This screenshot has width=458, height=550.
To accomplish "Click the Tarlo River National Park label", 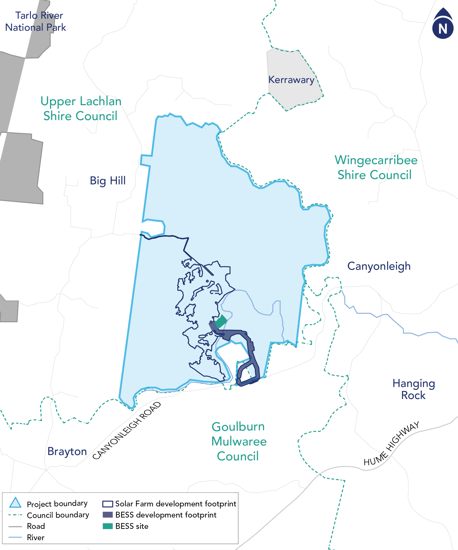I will (x=35, y=22).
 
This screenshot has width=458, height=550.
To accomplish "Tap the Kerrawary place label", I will (x=291, y=80).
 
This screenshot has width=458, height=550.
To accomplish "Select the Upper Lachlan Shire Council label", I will (x=81, y=109).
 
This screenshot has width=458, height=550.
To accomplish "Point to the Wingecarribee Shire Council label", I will (x=376, y=167).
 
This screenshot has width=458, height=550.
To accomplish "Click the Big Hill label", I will (x=108, y=180).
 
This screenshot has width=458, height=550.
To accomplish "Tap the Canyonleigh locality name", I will (x=379, y=266).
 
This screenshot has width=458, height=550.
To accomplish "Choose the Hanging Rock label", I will (x=414, y=389).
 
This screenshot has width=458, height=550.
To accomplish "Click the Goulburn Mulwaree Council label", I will (x=238, y=441).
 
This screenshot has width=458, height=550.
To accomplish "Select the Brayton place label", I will (x=67, y=451).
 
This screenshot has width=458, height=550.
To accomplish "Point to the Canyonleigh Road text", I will (x=127, y=431).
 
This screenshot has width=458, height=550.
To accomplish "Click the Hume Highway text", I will (x=392, y=443).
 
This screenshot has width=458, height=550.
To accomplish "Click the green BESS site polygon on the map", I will (x=221, y=321).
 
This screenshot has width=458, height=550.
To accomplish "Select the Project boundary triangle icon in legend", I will (x=15, y=503).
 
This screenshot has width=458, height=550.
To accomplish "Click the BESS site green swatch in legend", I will (x=108, y=526).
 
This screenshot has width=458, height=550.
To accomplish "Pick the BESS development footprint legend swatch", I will (x=108, y=515).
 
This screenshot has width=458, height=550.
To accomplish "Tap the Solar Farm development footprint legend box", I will (x=108, y=504).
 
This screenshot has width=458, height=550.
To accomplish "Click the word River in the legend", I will (x=36, y=537).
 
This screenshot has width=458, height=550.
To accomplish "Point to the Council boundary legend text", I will (x=58, y=515).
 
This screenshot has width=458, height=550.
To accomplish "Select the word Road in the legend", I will (x=36, y=526).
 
